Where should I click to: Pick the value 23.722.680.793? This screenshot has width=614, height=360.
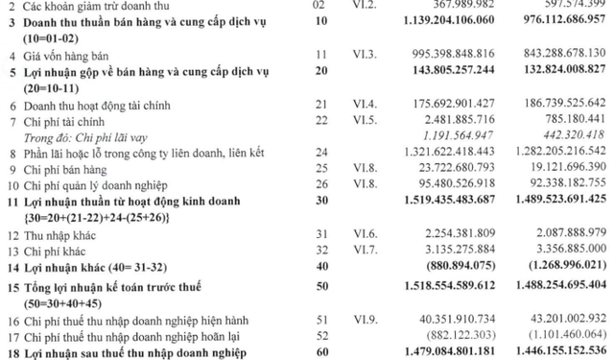pyautogui.click(x=443, y=172)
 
